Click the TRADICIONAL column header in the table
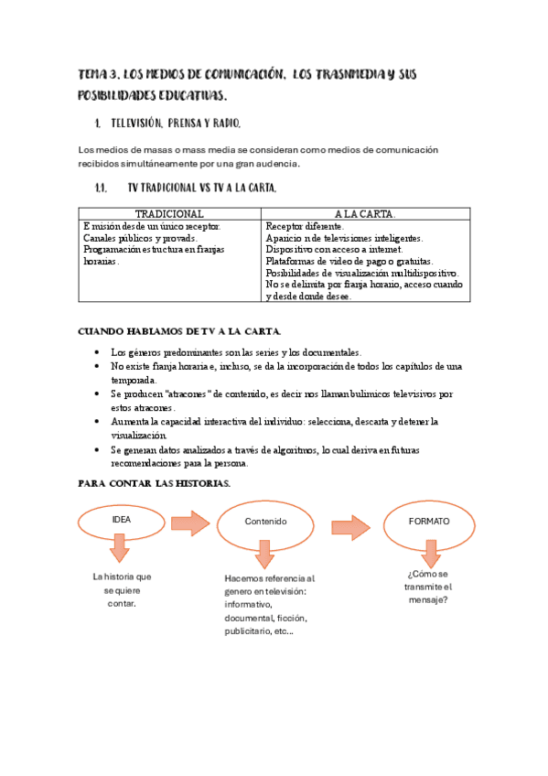click(x=168, y=213)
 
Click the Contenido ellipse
click(x=265, y=521)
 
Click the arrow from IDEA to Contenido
click(x=190, y=523)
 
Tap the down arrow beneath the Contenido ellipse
click(x=265, y=554)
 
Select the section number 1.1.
click(x=102, y=188)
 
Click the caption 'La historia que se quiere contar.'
click(x=122, y=590)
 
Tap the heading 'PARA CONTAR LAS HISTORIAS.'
click(x=154, y=482)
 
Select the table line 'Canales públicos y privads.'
click(x=139, y=237)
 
